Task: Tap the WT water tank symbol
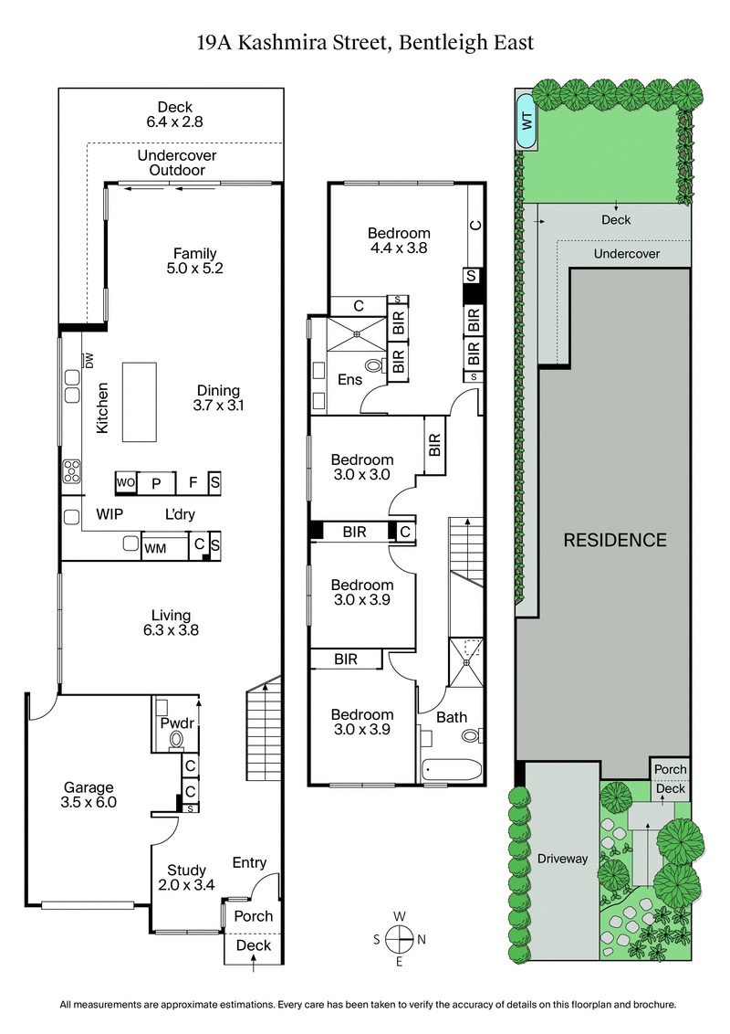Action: tap(527, 120)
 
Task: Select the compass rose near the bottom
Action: tap(400, 938)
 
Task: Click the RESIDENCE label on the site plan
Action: tap(614, 540)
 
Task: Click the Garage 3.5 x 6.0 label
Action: tap(89, 795)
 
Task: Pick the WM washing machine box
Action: tap(155, 548)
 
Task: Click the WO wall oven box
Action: tap(125, 482)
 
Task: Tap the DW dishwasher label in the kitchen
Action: tap(89, 360)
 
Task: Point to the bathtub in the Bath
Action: tap(452, 770)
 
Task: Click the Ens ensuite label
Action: tap(349, 379)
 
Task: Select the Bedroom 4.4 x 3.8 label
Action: tap(398, 239)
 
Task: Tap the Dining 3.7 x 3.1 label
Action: tap(221, 396)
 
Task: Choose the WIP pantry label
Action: tap(110, 514)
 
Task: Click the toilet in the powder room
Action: tap(177, 739)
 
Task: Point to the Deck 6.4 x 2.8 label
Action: tap(174, 114)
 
